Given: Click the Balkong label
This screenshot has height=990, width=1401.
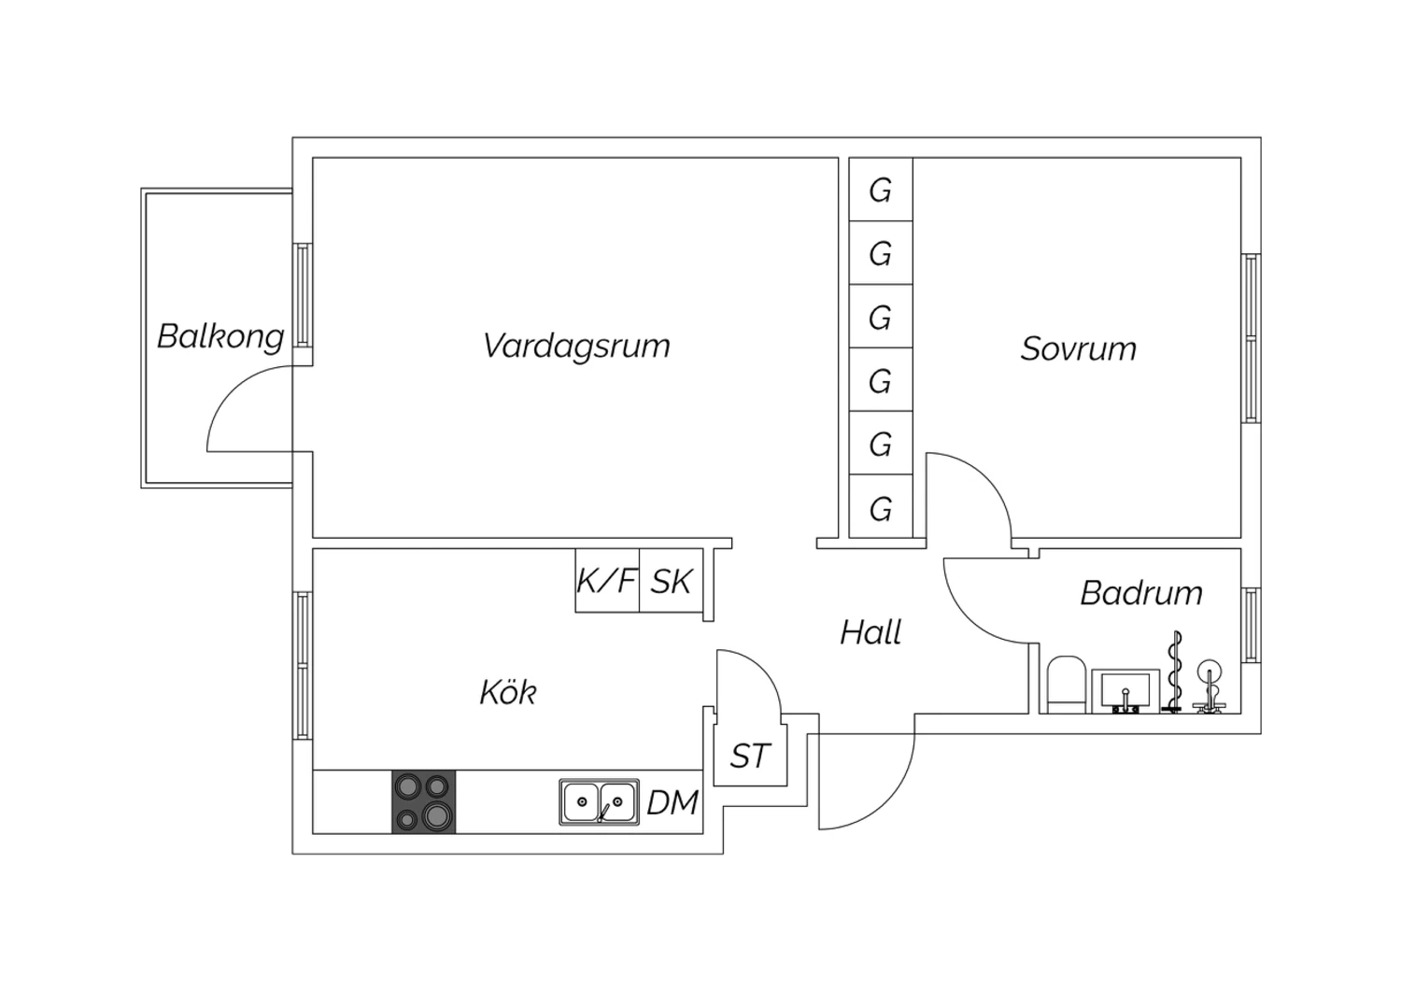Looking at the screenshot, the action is click(220, 336).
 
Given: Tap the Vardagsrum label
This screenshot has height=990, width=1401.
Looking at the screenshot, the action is click(576, 346).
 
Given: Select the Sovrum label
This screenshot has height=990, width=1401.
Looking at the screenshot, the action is click(1078, 348).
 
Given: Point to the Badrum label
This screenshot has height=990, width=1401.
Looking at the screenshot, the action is click(1141, 593).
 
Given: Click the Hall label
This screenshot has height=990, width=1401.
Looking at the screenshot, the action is click(870, 632).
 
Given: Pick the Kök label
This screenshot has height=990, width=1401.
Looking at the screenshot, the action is click(508, 692).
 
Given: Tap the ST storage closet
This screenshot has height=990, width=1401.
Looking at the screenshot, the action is click(751, 756).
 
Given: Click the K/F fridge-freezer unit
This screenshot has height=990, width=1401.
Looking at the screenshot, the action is click(607, 580).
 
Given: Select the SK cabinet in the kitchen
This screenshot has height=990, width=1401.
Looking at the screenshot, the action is click(672, 580).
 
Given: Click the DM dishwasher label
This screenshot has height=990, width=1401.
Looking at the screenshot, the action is click(672, 802).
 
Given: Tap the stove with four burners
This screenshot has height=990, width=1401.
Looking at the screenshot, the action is click(423, 801).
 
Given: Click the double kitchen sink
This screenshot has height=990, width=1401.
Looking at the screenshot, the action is click(600, 801).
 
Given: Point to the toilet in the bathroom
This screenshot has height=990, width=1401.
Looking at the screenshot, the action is click(1066, 685).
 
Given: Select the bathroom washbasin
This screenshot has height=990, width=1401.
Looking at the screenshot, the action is click(1125, 691).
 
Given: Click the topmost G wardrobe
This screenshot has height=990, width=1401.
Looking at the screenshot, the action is click(881, 190).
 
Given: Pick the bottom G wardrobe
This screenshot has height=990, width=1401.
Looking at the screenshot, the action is click(881, 507).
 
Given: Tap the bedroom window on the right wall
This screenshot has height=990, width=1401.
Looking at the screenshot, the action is click(1251, 338).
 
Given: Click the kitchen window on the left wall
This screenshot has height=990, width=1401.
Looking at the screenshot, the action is click(303, 666).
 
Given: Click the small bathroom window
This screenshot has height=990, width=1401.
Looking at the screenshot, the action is click(1251, 625).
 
